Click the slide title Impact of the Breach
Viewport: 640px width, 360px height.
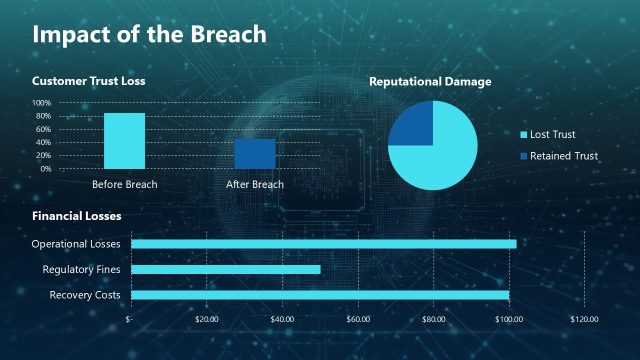pyautogui.click(x=149, y=34)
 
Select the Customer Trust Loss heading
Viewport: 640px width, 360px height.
pyautogui.click(x=88, y=81)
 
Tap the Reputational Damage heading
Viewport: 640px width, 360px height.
pyautogui.click(x=430, y=81)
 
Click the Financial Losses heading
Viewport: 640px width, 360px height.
pyautogui.click(x=76, y=216)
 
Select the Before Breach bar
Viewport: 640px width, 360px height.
pyautogui.click(x=124, y=141)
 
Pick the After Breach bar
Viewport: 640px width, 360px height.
pyautogui.click(x=255, y=154)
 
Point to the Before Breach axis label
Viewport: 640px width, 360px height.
pyautogui.click(x=124, y=184)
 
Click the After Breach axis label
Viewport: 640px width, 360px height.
pyautogui.click(x=255, y=184)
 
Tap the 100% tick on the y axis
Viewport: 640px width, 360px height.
pyautogui.click(x=40, y=103)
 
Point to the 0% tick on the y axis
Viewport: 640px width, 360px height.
pyautogui.click(x=45, y=169)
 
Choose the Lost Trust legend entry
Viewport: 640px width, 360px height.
pyautogui.click(x=553, y=134)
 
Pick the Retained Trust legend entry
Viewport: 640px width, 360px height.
pyautogui.click(x=563, y=156)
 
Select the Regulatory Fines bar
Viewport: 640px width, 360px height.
pyautogui.click(x=225, y=269)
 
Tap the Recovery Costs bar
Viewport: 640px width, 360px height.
pyautogui.click(x=320, y=295)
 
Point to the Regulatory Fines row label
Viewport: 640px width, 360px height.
pyautogui.click(x=81, y=269)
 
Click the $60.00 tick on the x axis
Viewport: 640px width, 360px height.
pyautogui.click(x=358, y=320)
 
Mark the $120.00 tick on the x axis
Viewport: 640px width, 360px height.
pyautogui.click(x=584, y=320)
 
